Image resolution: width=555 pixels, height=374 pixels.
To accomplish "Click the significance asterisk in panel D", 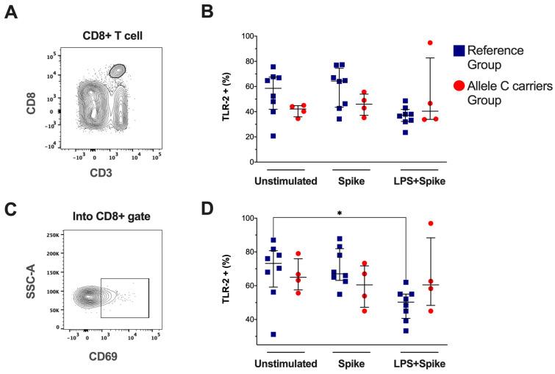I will [x=339, y=212].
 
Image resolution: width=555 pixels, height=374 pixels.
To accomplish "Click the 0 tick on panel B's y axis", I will [x=258, y=162].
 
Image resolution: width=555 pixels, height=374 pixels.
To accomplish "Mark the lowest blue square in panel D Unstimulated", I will [x=273, y=334].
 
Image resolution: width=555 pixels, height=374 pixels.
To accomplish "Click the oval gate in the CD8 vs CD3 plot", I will [x=116, y=71].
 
